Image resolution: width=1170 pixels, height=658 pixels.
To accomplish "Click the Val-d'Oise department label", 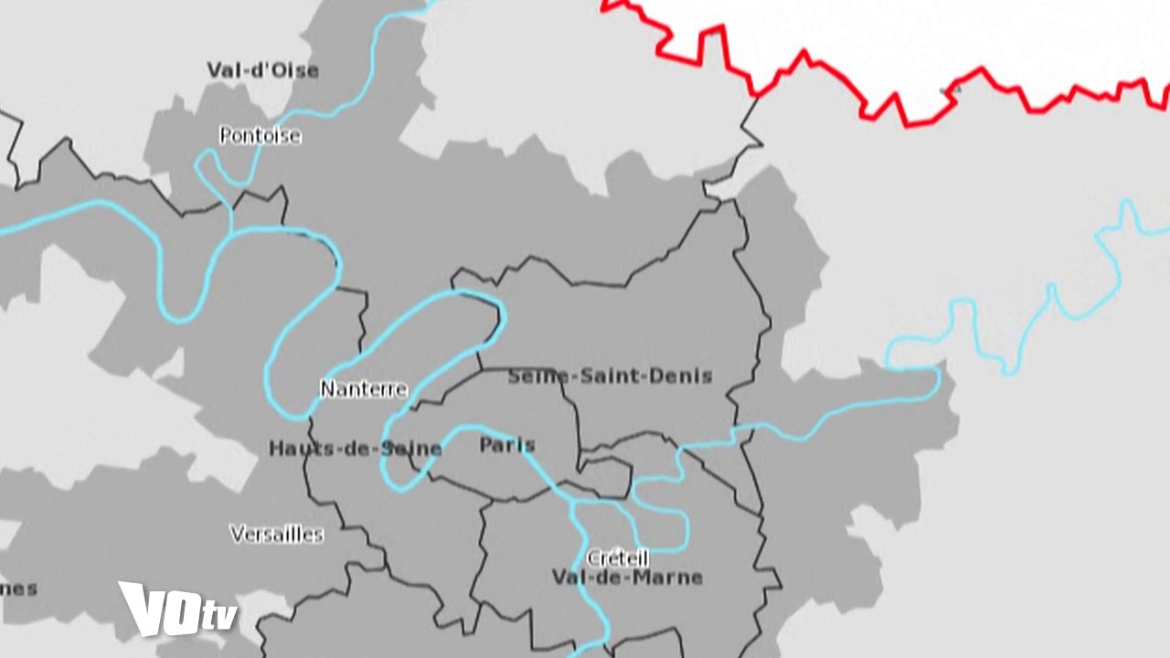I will point(262,70).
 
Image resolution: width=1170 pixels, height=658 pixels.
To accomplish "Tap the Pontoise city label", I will point(260,136).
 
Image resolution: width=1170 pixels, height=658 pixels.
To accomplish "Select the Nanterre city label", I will point(363,389).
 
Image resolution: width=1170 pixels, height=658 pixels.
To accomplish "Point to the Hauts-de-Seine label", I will point(355,449).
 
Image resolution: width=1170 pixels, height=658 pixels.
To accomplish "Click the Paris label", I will point(506,446).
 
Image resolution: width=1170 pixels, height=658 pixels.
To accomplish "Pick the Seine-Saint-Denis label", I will point(610,376).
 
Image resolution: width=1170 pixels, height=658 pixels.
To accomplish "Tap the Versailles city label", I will point(276,534).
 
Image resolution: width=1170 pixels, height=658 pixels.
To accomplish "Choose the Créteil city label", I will point(617,557).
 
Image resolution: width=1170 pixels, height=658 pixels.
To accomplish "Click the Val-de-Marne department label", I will point(627,578).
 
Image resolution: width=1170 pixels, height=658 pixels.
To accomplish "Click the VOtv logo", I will point(176,609).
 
